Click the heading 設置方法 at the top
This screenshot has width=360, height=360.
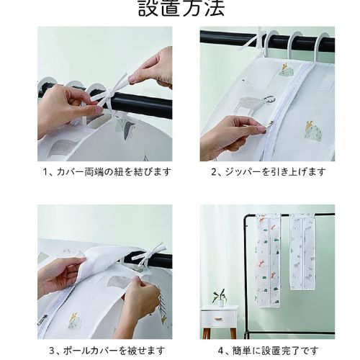click(181, 8)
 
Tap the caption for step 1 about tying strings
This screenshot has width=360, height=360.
click(107, 172)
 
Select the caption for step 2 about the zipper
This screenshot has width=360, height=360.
click(269, 172)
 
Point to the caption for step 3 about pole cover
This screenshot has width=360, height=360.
click(107, 351)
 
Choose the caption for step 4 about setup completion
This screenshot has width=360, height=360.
click(269, 351)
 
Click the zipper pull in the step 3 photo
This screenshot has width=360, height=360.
click(42, 320)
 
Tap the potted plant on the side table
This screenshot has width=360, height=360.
click(220, 298)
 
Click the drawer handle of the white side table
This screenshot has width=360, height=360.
click(218, 318)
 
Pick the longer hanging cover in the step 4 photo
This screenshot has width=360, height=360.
click(269, 261)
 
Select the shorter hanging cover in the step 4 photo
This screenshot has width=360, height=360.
click(302, 252)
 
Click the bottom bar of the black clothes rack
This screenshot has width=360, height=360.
click(290, 333)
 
